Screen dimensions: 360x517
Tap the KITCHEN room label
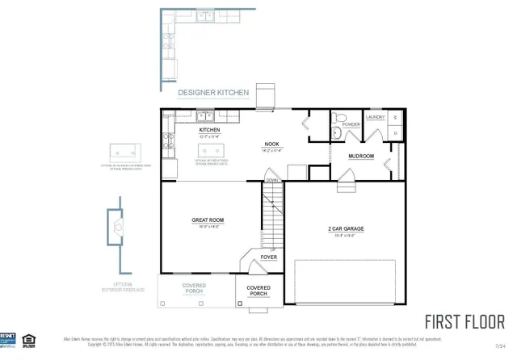[209, 130]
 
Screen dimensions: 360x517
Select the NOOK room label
[271, 144]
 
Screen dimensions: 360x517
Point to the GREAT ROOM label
[208, 220]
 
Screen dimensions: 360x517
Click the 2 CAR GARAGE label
[346, 228]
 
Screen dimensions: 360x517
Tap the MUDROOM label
[360, 156]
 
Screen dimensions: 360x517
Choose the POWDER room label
[351, 125]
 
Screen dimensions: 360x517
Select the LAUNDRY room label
[375, 117]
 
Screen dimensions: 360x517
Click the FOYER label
[269, 257]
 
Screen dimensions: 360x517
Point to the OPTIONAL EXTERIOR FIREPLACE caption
[123, 287]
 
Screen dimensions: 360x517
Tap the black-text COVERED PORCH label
[258, 291]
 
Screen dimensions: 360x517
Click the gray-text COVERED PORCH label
[193, 288]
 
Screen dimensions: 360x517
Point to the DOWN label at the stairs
[271, 180]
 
